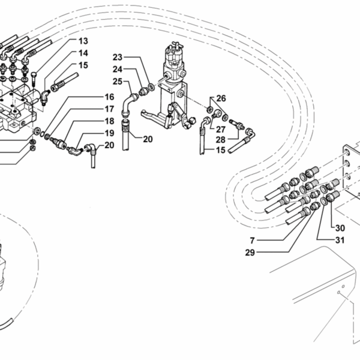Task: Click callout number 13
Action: click(83, 41)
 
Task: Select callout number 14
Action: click(83, 53)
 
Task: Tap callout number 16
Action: click(109, 97)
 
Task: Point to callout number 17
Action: click(109, 109)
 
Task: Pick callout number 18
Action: click(109, 121)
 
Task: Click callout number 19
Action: click(109, 133)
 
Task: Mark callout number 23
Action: click(117, 58)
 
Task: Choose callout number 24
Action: click(117, 69)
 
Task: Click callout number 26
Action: click(221, 98)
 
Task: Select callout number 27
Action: click(221, 128)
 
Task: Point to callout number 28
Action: click(221, 139)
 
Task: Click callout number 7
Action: click(253, 241)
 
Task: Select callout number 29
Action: click(250, 253)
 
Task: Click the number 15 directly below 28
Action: click(221, 151)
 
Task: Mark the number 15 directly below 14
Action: click(83, 65)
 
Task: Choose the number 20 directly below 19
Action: click(109, 145)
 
